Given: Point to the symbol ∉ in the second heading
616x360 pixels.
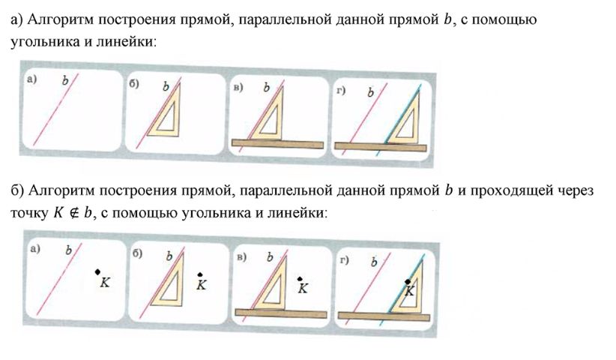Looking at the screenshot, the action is click(73, 213).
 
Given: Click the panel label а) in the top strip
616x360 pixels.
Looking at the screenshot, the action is click(31, 79).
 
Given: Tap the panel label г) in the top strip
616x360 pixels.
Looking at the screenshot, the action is click(341, 91).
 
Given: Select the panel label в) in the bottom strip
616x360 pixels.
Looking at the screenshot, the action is click(241, 257).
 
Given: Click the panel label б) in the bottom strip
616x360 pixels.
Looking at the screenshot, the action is click(137, 253).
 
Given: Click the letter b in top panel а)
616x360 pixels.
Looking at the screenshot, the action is click(64, 80).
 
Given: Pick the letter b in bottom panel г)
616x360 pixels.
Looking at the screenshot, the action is click(374, 262).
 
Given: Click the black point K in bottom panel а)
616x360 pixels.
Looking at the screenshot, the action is click(97, 271).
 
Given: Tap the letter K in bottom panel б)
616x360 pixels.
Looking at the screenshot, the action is click(201, 285).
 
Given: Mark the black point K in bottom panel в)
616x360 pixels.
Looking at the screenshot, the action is click(300, 279).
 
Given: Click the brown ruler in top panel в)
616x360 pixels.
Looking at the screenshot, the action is click(277, 144).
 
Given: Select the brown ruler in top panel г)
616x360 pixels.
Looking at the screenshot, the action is click(380, 146).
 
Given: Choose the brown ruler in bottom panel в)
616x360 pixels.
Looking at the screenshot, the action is click(281, 313).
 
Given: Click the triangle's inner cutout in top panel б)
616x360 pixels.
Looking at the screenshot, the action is click(167, 118).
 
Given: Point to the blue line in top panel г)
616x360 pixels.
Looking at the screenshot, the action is click(399, 120).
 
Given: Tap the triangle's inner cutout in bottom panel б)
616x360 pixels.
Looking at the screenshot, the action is click(171, 288).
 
